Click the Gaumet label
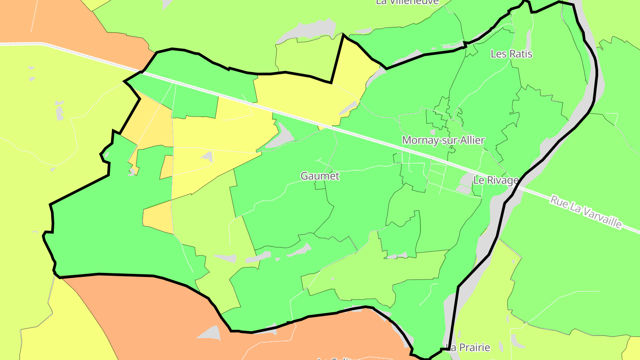coord(320,176)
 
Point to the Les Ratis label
coord(511,54)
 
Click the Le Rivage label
coord(496,180)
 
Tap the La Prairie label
coord(468,347)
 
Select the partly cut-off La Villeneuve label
coord(407,2)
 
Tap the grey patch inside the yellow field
coord(207,156)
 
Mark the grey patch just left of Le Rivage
coord(465,180)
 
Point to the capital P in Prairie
coord(461,347)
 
